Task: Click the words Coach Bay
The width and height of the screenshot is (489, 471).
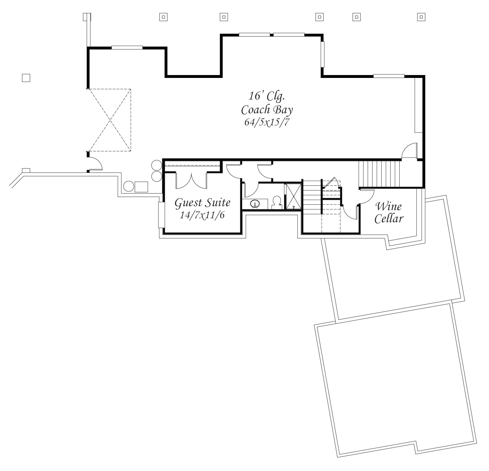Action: tap(267, 110)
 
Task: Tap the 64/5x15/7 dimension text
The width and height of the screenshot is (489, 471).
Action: tap(266, 122)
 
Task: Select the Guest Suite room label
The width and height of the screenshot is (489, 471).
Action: tap(203, 203)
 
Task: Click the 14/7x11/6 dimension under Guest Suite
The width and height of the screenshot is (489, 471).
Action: tap(202, 215)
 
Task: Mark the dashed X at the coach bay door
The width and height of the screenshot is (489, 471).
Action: tap(109, 120)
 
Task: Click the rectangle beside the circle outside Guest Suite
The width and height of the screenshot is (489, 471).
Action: tap(141, 187)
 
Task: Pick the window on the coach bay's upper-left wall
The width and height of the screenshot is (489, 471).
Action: tap(127, 47)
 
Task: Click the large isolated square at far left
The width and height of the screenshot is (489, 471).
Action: tap(26, 78)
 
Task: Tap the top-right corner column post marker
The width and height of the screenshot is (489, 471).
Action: tap(421, 17)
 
